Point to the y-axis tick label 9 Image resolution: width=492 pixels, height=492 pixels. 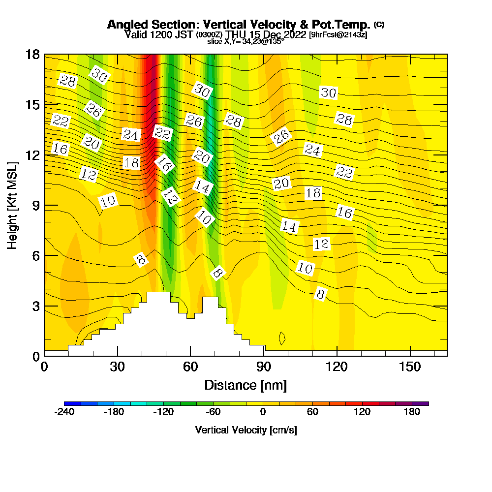coord(35,205)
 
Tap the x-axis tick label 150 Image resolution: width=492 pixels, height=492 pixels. coord(410,367)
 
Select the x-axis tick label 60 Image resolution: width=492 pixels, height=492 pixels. coord(190,367)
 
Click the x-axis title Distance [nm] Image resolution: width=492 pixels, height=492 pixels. coord(246,385)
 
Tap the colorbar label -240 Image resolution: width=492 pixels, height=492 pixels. coord(64,412)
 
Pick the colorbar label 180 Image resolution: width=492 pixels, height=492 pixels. coord(412,412)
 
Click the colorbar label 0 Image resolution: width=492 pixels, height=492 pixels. coord(263,412)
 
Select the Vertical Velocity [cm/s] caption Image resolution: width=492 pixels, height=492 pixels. coord(246,430)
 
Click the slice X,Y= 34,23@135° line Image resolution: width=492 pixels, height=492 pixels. coord(246,42)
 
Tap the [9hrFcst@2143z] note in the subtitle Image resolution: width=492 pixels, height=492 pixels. coord(338,35)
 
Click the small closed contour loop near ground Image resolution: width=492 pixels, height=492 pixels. coord(282,338)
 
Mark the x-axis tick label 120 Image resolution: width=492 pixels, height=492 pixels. coord(337,367)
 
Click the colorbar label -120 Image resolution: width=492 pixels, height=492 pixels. coord(163,412)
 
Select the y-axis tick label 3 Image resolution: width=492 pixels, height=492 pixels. coord(35,306)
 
